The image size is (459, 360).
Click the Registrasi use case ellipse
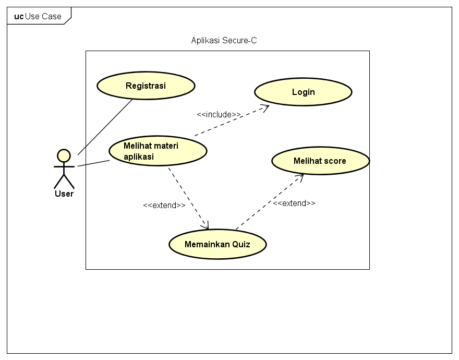(x=146, y=86)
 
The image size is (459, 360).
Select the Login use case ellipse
(x=303, y=92)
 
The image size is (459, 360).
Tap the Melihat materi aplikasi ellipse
(x=158, y=151)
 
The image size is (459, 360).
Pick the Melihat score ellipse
(x=320, y=161)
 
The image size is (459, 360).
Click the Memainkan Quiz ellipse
(x=218, y=244)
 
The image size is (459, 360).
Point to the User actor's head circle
(x=64, y=155)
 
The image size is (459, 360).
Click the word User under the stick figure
(x=64, y=194)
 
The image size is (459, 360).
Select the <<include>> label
(x=219, y=114)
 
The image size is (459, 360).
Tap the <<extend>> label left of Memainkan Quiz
(x=164, y=205)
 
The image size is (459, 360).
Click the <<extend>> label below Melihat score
(x=294, y=203)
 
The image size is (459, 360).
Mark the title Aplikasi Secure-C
(x=224, y=41)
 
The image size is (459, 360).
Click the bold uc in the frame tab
(x=19, y=16)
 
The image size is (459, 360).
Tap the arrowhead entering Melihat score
(x=300, y=177)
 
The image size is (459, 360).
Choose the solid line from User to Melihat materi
(x=94, y=163)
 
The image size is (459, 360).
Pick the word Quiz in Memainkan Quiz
(x=241, y=244)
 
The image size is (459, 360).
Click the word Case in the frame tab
(x=52, y=16)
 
